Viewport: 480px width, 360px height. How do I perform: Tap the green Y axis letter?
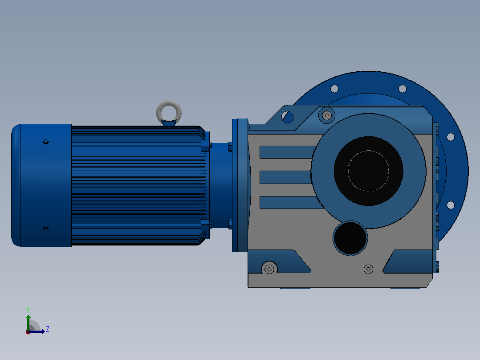[x=28, y=310]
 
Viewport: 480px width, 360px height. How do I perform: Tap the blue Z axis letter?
[x=48, y=329]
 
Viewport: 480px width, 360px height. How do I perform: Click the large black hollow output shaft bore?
[x=368, y=171]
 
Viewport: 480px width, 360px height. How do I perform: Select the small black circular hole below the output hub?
[x=350, y=238]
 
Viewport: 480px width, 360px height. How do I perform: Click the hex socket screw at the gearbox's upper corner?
[x=327, y=115]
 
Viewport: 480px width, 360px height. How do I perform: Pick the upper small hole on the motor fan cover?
[x=46, y=142]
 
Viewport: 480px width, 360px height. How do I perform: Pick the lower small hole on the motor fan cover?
[x=46, y=229]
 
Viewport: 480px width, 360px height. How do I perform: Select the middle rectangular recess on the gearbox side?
[x=285, y=177]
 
